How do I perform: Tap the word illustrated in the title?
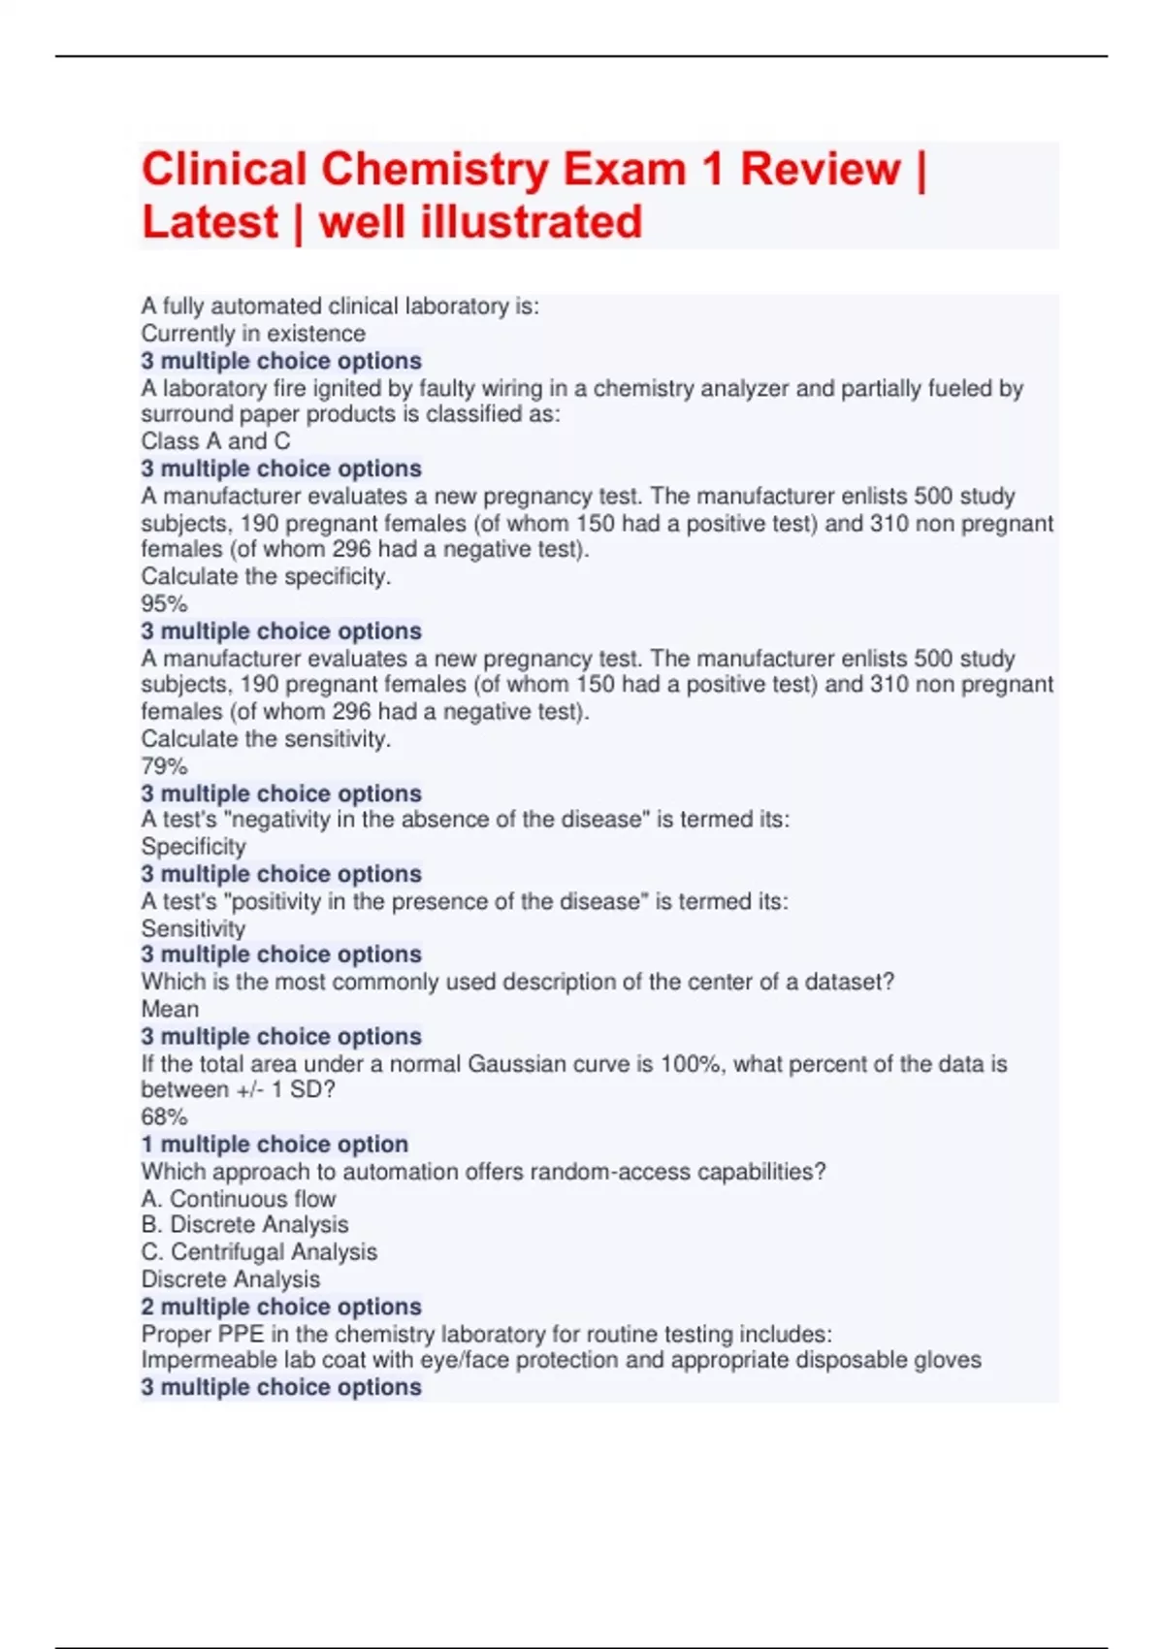point(531,222)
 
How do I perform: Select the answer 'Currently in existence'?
point(253,334)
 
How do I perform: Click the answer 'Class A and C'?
point(215,441)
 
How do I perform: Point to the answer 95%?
point(164,603)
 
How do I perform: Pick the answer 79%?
point(164,766)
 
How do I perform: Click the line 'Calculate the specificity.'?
point(266,576)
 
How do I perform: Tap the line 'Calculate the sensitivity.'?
point(266,739)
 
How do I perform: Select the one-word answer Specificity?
point(193,847)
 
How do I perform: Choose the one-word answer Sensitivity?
point(193,928)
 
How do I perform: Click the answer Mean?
point(170,1009)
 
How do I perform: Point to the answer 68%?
point(164,1116)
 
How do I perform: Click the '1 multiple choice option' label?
point(275,1145)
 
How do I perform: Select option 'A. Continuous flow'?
point(239,1199)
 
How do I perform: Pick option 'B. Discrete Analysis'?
point(244,1225)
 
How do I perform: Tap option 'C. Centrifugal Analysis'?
point(259,1252)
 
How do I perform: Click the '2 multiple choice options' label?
point(281,1307)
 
